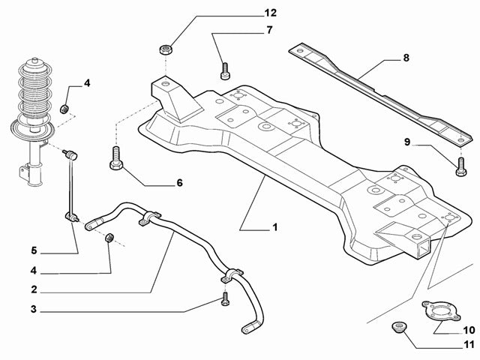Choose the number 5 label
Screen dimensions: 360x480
(34, 250)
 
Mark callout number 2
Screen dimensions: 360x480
(34, 289)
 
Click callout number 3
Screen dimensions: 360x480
(34, 309)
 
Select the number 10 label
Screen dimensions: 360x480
(469, 329)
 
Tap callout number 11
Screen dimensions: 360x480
(469, 345)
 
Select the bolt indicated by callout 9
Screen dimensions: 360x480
(459, 166)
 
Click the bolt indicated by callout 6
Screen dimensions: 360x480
(115, 159)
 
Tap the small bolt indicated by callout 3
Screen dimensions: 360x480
(225, 301)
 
